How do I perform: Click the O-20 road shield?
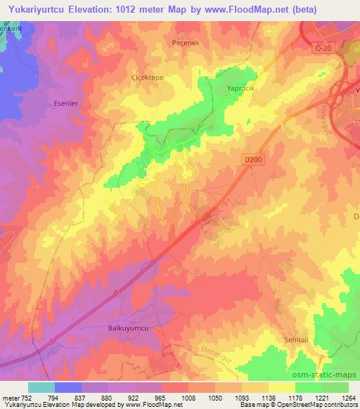point(322,47)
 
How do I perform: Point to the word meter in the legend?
point(11,397)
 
